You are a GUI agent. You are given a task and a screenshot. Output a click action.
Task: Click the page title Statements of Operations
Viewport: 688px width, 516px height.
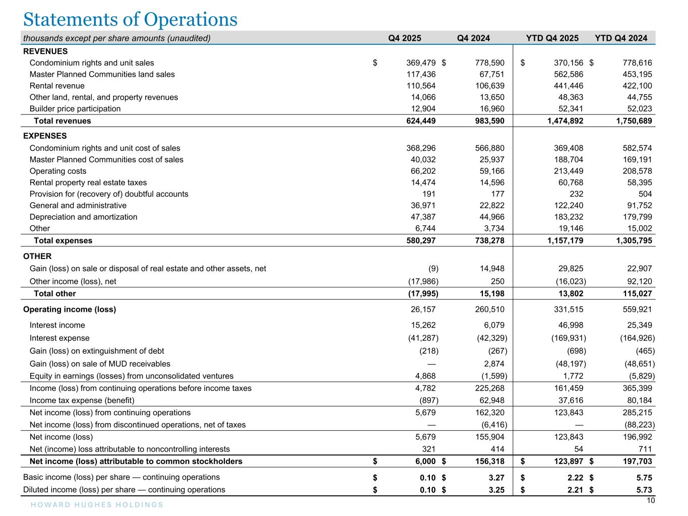point(130,19)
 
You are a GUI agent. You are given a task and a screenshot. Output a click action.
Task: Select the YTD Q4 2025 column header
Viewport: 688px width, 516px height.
point(552,38)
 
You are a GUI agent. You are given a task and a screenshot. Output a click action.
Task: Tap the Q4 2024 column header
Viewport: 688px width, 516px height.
point(473,38)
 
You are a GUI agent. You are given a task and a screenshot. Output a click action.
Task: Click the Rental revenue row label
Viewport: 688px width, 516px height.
point(57,86)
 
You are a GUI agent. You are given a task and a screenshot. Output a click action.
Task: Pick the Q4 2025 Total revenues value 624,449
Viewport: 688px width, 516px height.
point(421,121)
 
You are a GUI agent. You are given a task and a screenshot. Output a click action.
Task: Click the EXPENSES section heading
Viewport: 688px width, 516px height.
point(45,136)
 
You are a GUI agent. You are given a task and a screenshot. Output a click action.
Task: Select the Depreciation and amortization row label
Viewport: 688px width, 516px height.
point(83,217)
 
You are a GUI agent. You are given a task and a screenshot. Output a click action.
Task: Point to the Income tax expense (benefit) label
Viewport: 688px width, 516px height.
point(82,401)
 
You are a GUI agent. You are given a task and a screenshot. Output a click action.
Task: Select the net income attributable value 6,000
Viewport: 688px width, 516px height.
point(425,462)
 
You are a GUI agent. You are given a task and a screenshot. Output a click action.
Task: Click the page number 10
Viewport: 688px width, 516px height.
point(651,500)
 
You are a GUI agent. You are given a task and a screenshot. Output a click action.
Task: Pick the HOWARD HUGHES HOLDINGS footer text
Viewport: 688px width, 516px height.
point(93,505)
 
